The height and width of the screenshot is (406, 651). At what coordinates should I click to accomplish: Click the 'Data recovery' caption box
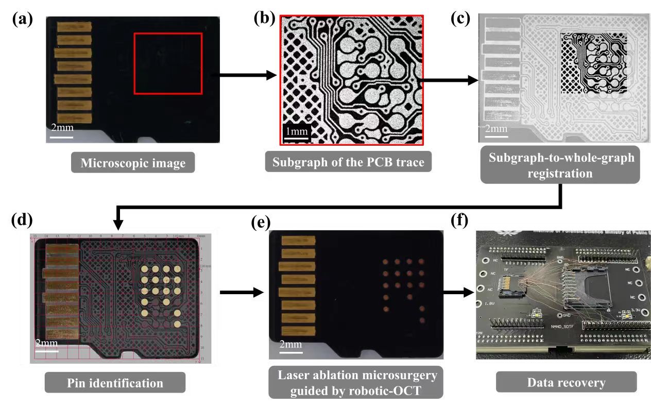[x=567, y=383]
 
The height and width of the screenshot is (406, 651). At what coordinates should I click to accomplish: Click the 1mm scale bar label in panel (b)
[x=297, y=131]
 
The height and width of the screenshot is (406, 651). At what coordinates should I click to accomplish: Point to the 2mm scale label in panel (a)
[x=61, y=127]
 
